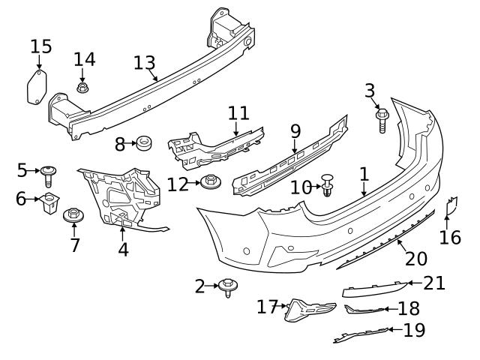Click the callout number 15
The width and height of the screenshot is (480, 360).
tap(41, 46)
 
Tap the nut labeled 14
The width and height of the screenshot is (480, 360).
tap(82, 88)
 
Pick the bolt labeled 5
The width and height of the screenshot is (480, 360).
tap(49, 175)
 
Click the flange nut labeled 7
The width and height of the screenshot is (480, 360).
tap(73, 216)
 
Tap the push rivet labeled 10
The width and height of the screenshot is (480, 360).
tap(328, 184)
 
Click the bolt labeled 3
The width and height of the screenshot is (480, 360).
tap(381, 120)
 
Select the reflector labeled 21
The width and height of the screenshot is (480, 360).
tap(373, 289)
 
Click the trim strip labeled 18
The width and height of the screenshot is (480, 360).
tap(364, 309)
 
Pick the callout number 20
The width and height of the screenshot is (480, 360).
tap(415, 259)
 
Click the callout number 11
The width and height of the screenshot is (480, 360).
tap(238, 112)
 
